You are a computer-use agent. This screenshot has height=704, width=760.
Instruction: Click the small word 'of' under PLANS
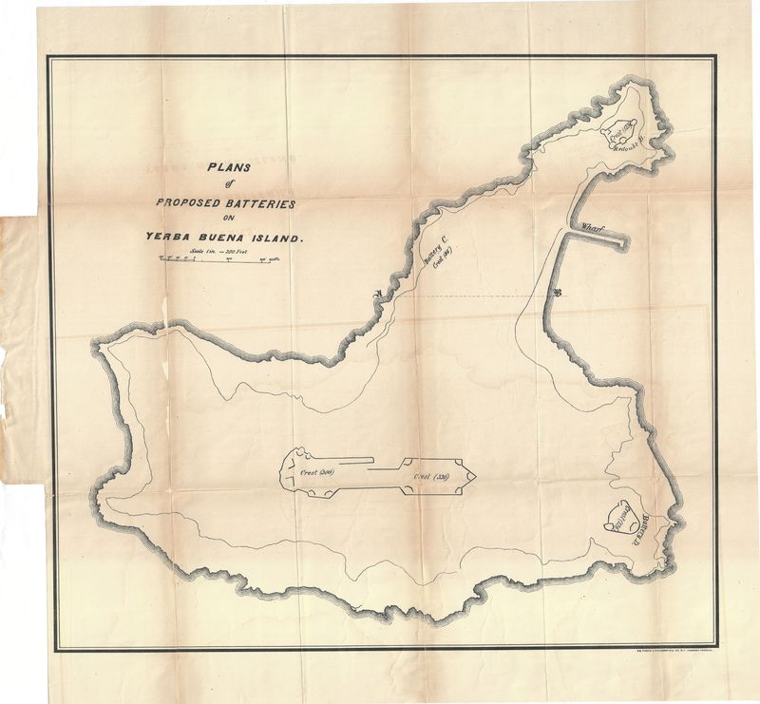pos(229,185)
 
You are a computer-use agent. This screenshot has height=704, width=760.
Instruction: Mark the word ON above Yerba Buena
pos(228,220)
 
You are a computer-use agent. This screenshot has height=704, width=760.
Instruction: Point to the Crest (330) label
pos(430,476)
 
